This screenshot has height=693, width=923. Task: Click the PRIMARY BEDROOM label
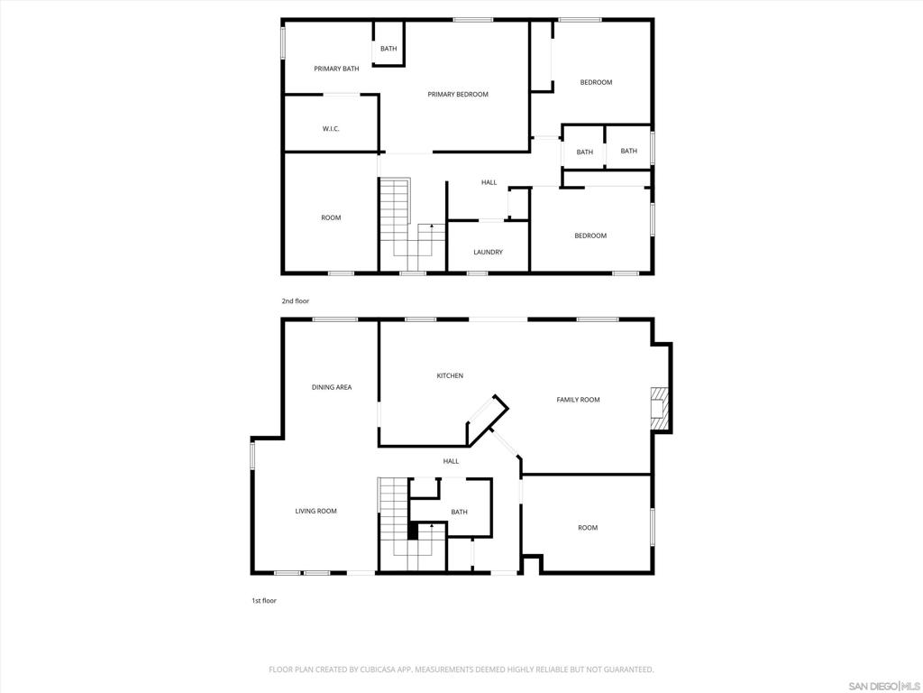click(458, 94)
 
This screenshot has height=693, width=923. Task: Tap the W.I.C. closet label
click(331, 129)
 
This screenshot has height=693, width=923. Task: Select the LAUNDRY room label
click(488, 252)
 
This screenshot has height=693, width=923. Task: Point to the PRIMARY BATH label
click(336, 69)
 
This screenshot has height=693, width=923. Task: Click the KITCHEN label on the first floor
click(450, 375)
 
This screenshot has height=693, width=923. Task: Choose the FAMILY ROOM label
click(578, 400)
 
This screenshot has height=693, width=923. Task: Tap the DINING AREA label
click(332, 387)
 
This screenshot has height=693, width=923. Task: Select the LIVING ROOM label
click(315, 511)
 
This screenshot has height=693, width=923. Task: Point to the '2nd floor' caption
click(295, 300)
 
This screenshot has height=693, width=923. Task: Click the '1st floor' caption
click(263, 600)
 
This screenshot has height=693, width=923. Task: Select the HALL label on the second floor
click(489, 182)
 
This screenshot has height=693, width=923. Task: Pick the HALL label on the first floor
click(451, 461)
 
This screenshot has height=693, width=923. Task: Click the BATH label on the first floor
click(459, 512)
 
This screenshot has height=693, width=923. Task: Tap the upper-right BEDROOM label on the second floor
click(596, 82)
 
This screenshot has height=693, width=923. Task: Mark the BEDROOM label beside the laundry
click(590, 236)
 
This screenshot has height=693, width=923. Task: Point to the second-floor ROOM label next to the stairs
click(331, 217)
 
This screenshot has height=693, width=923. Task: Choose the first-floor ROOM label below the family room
click(588, 528)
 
